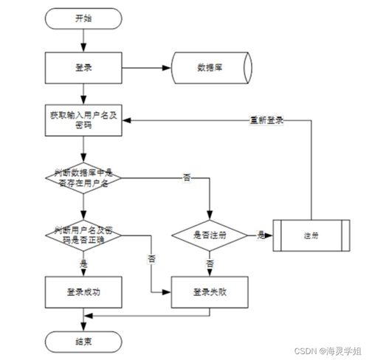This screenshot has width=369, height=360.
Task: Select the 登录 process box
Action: click(83, 67)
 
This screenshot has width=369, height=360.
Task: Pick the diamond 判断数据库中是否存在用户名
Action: click(83, 177)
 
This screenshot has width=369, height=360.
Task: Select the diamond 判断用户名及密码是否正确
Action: click(83, 234)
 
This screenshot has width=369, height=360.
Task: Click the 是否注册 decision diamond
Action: click(211, 235)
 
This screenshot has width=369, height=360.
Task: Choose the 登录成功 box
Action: click(83, 292)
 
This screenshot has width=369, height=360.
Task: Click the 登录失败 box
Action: click(211, 292)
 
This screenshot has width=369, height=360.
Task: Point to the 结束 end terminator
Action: click(83, 341)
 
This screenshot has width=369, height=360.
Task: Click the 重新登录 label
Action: click(267, 120)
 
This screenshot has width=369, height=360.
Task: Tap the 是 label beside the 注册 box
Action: click(261, 234)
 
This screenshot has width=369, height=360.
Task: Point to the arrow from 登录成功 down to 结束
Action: click(83, 317)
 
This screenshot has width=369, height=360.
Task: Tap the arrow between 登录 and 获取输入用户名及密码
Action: click(83, 94)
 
